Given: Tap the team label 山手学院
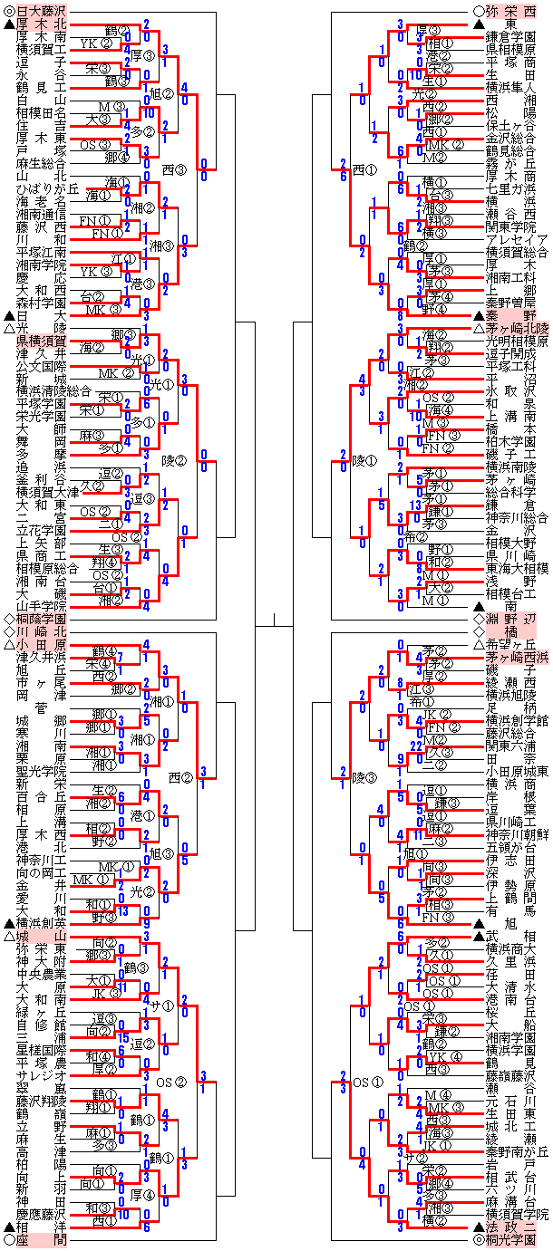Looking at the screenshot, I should [x=42, y=604].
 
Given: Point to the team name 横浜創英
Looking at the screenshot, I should [x=42, y=922].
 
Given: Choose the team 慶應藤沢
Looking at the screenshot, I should [x=42, y=1213].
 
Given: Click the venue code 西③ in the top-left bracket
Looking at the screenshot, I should [x=174, y=168].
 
